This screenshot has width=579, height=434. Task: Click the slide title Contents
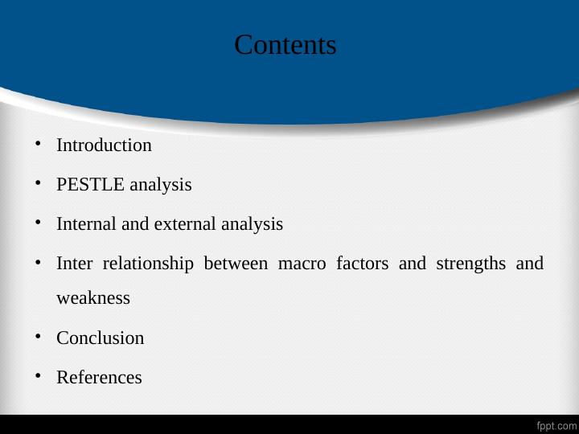[285, 45]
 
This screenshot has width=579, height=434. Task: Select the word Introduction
[104, 145]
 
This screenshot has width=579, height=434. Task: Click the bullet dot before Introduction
[38, 145]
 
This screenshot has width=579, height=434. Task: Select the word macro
[302, 264]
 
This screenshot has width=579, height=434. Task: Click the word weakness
[93, 298]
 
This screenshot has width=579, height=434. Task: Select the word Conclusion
[101, 338]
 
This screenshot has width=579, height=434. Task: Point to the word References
[99, 377]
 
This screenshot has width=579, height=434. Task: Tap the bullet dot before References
[38, 376]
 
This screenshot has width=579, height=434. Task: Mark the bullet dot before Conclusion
[38, 337]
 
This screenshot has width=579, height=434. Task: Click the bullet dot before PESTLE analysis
[38, 184]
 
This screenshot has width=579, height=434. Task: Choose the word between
[236, 264]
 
